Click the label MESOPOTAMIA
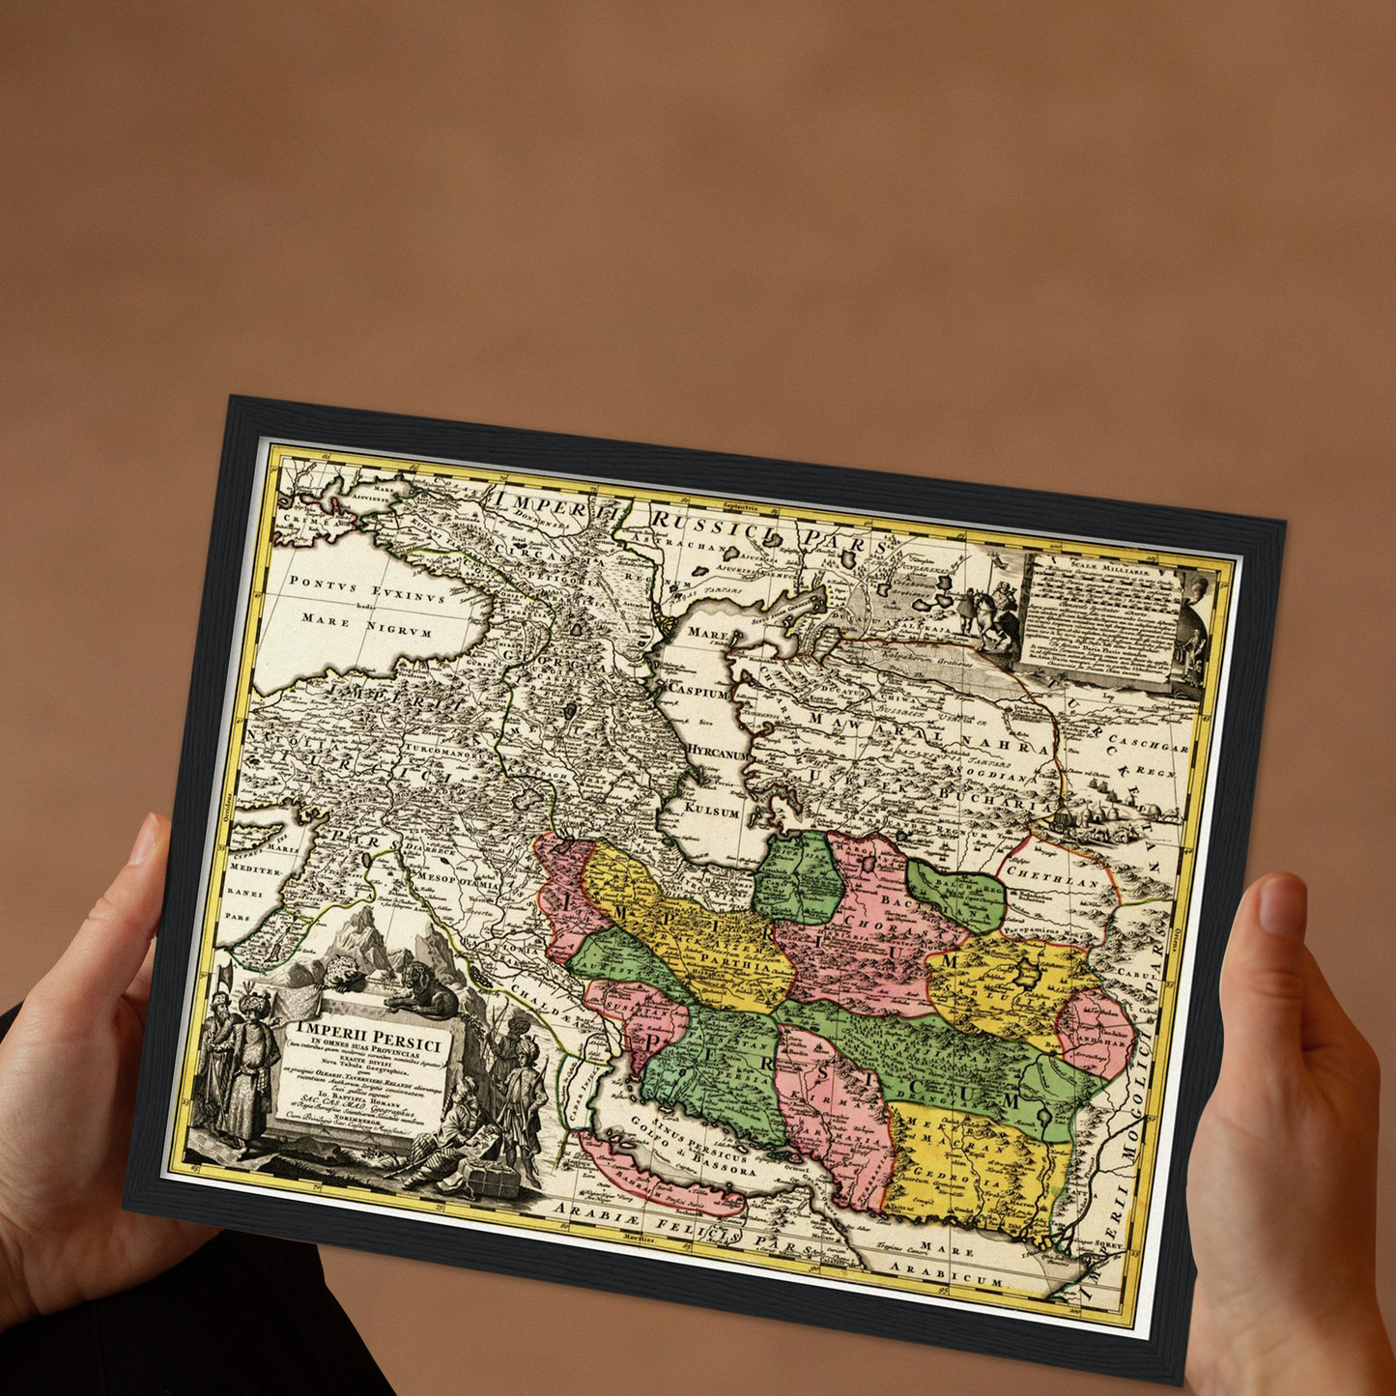tap(458, 881)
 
